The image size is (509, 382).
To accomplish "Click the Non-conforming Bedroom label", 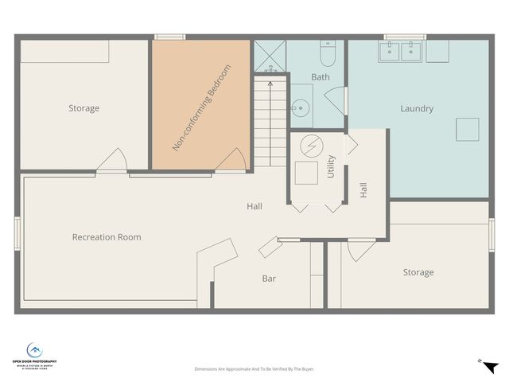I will [202, 108].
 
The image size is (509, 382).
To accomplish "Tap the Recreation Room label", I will [107, 237].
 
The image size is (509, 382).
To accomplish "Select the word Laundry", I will [417, 108].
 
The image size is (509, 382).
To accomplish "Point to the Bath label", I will [321, 77].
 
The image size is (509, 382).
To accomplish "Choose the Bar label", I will [269, 279].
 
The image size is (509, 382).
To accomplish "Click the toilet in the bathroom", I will [327, 53].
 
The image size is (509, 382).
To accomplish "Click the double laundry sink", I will [400, 52].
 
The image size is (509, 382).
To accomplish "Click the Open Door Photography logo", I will [34, 355].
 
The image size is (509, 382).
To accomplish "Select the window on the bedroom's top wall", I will [169, 36].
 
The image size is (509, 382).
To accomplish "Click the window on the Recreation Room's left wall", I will [16, 234].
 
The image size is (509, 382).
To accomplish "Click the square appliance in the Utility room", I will [306, 173].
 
